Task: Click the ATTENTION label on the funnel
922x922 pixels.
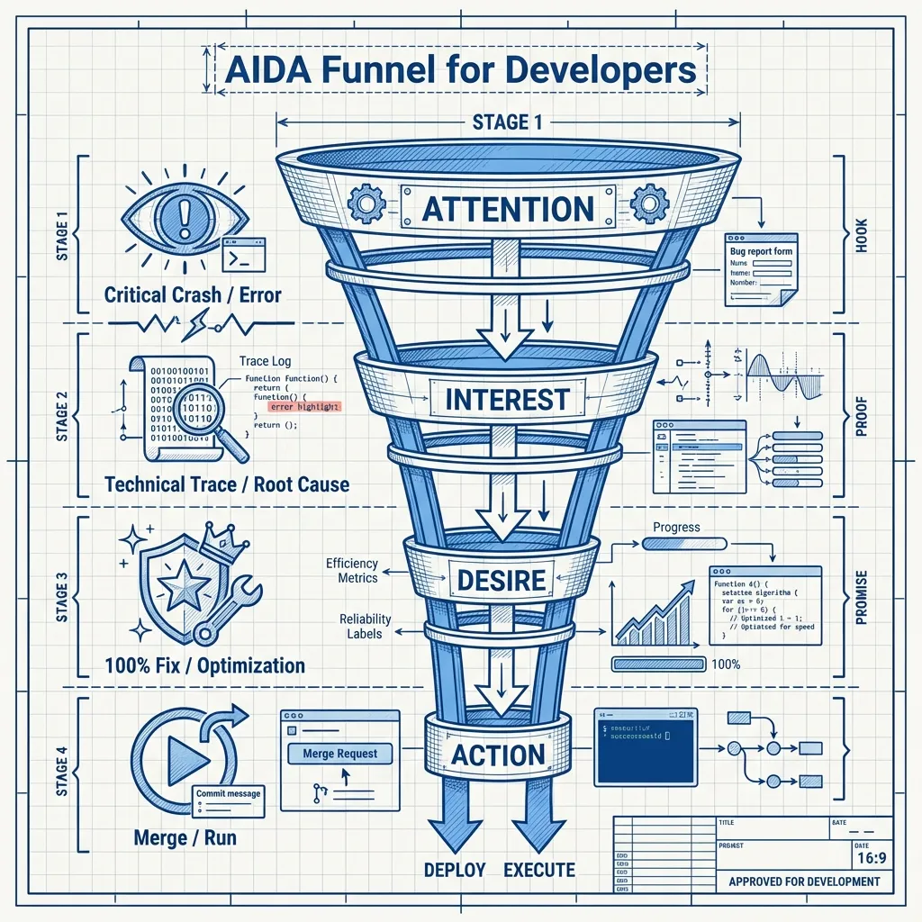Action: point(508,208)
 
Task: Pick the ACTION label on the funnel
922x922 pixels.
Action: point(498,755)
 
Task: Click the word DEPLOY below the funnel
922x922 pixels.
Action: point(455,870)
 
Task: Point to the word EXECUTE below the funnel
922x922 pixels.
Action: point(539,870)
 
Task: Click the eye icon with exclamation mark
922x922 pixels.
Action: point(187,217)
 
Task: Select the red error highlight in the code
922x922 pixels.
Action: point(305,407)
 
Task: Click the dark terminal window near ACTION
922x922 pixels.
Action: point(645,748)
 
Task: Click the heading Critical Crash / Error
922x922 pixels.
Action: point(193,294)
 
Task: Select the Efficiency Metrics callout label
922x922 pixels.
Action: point(351,571)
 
